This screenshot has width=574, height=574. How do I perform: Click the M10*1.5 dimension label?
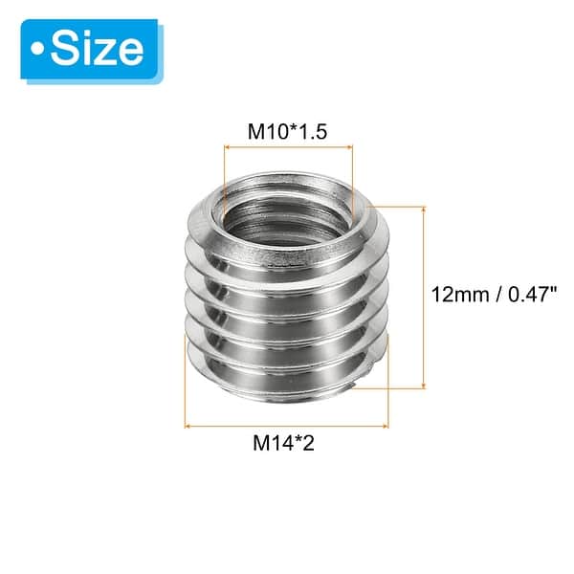click(289, 131)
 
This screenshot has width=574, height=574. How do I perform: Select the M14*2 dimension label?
click(286, 443)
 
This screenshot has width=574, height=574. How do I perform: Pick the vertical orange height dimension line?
click(422, 296)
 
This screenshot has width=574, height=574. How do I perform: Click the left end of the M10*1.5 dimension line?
click(224, 146)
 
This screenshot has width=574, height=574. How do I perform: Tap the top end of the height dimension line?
click(422, 205)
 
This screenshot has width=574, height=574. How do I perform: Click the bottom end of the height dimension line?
click(422, 387)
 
